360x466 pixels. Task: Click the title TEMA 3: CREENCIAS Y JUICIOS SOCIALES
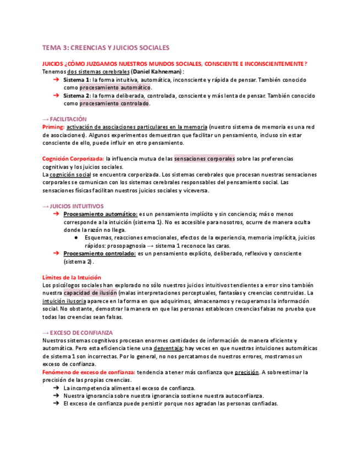(106, 47)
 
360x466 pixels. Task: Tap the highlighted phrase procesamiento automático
(115, 87)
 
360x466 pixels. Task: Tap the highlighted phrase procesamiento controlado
(114, 103)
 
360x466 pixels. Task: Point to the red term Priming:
(53, 127)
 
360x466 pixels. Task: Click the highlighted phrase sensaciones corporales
(204, 159)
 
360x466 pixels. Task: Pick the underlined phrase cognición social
(70, 175)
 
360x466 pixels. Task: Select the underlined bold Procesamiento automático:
(100, 214)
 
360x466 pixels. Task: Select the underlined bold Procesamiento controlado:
(99, 254)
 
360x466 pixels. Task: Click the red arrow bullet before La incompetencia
(57, 388)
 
